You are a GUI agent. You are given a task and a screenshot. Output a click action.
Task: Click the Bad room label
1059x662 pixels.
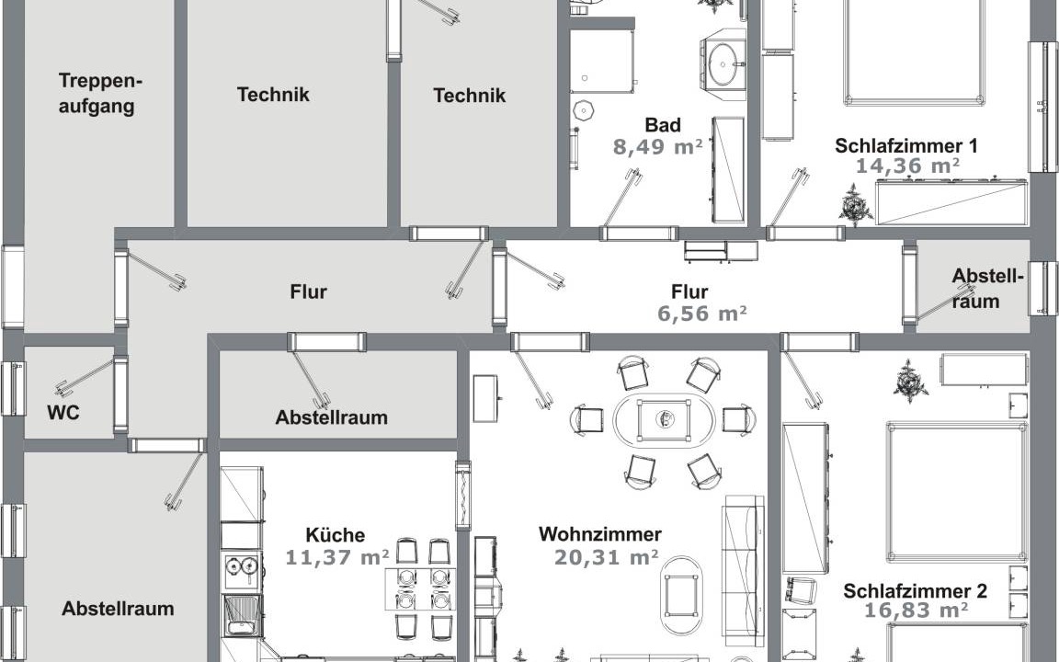663,125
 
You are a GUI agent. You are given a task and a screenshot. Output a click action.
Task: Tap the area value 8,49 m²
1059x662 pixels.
657,146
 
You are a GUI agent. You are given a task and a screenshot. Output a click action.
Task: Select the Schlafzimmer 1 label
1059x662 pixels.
905,145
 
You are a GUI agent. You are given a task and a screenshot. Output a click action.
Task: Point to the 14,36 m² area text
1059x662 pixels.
907,165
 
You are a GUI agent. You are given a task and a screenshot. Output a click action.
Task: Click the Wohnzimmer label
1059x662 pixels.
599,534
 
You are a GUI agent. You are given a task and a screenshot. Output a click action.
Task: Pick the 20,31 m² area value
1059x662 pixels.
606,557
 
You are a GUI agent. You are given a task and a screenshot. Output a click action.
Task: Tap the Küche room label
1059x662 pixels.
335,535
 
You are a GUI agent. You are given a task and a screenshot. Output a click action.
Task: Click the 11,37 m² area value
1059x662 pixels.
336,557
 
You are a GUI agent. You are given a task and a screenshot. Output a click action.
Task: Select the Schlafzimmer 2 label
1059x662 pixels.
916,591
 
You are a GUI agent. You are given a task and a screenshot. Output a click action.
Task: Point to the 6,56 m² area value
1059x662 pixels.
701,314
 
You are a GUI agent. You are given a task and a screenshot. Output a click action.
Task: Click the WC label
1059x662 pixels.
63,412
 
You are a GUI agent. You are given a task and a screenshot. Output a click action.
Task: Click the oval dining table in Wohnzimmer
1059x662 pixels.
663,420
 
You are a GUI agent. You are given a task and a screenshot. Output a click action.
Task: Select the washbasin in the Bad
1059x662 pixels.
723,64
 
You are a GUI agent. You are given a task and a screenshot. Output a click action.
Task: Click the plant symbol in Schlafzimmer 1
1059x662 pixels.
855,205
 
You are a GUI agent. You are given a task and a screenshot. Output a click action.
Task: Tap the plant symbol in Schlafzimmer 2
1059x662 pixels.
910,382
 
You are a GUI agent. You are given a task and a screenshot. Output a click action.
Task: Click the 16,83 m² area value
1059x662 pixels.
916,611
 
